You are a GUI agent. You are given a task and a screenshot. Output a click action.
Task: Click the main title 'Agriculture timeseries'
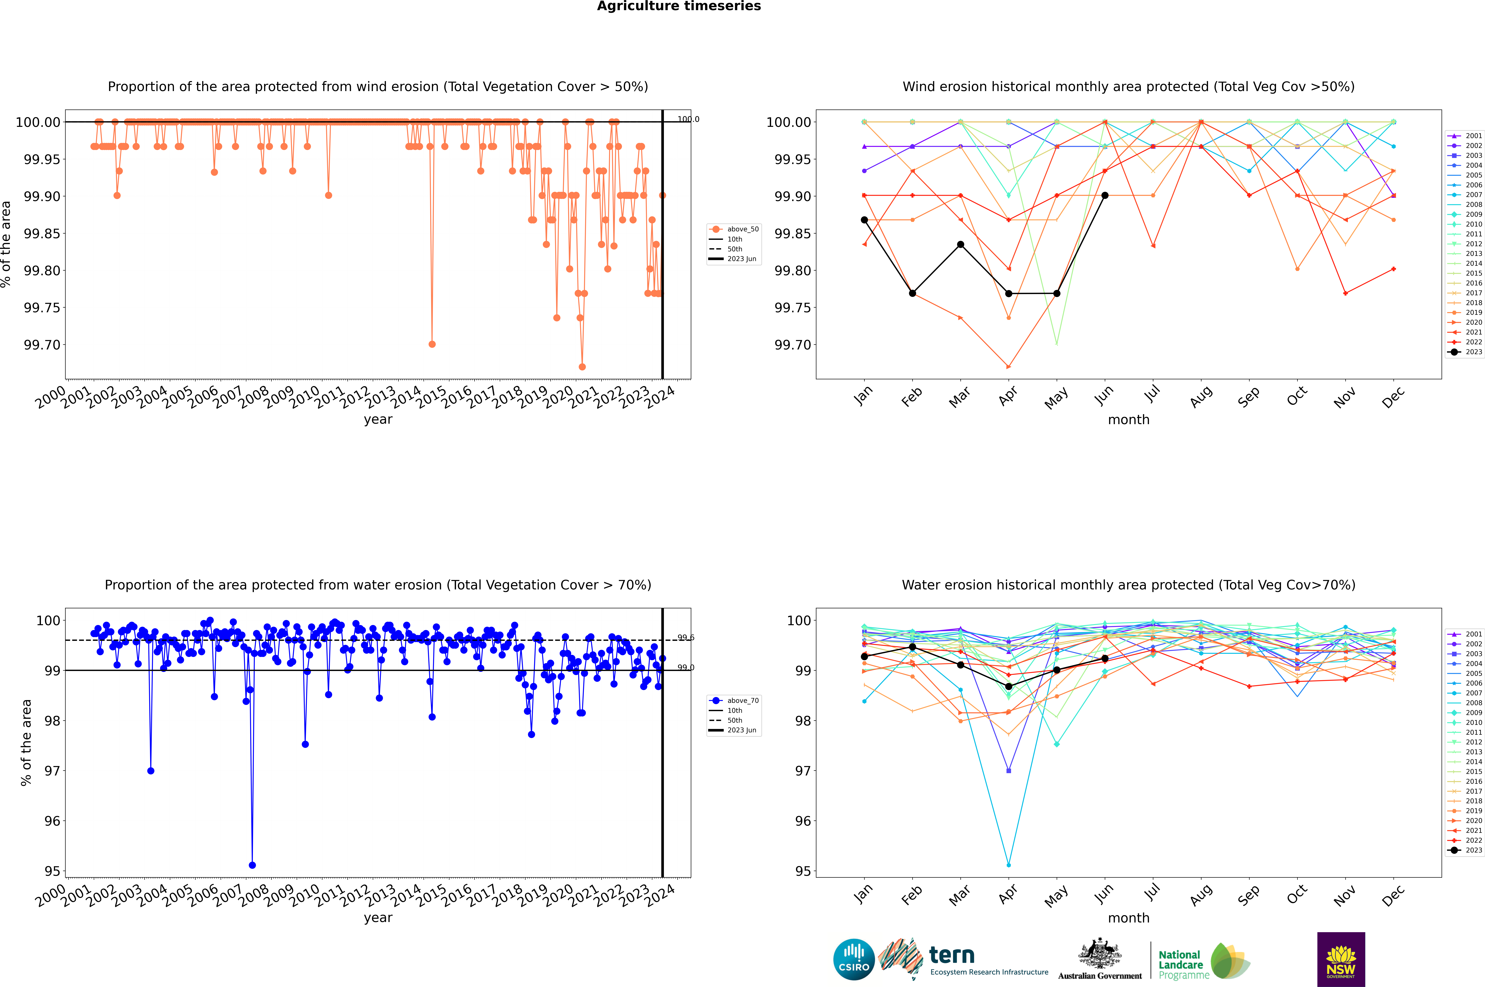679,6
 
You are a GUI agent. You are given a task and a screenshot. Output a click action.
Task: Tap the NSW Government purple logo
1341,959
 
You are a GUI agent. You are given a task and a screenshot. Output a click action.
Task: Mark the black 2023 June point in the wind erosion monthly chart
1105,196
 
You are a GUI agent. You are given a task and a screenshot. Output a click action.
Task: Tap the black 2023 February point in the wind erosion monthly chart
912,293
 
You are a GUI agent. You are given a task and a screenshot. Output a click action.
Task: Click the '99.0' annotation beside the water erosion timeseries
685,667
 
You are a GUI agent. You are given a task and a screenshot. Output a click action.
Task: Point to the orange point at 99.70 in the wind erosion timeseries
432,344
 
